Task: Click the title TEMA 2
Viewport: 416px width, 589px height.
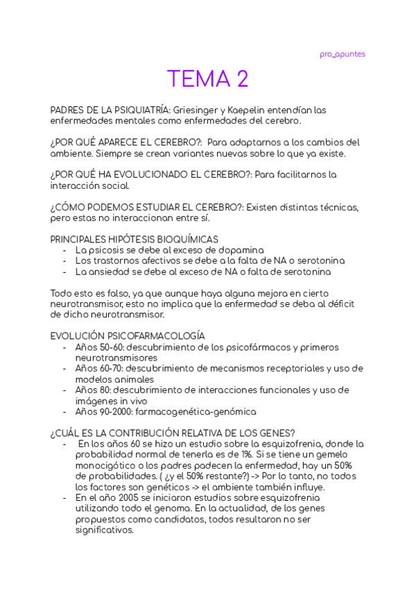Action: click(x=207, y=79)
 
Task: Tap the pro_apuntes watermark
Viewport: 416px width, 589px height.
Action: click(x=342, y=54)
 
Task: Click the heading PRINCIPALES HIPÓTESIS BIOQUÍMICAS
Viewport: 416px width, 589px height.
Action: click(x=135, y=239)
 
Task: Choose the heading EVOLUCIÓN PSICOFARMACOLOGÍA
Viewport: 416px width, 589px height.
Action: click(x=128, y=336)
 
